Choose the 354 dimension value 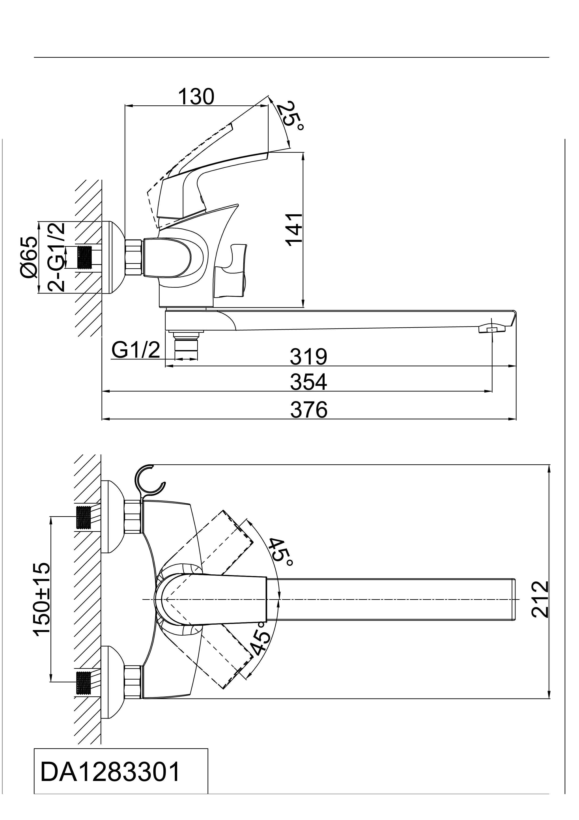[309, 382]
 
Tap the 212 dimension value [539, 604]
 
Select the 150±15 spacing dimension [42, 604]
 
